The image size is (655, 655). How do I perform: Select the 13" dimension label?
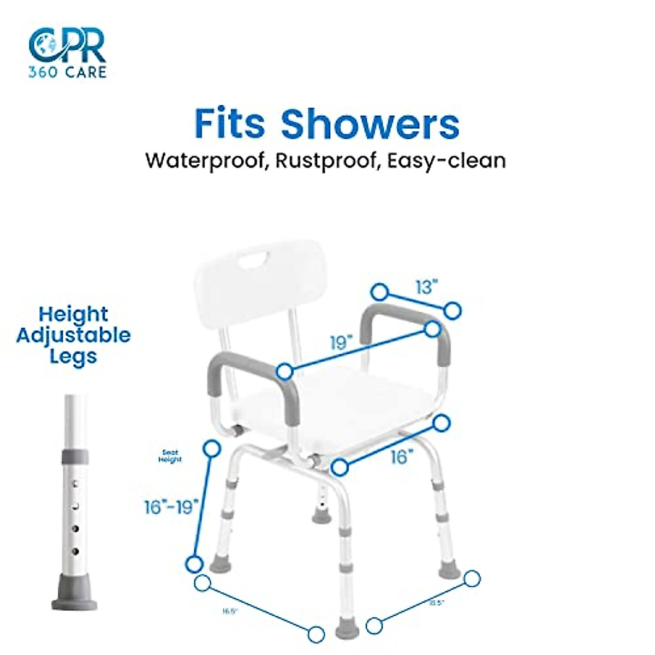426,287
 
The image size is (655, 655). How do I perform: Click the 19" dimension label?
342,343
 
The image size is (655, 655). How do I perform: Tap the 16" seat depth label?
403,457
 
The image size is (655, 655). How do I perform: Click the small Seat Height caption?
170,456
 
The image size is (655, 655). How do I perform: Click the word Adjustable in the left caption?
73,335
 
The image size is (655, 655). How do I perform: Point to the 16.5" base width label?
230,611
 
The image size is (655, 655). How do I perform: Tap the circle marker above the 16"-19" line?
211,449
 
